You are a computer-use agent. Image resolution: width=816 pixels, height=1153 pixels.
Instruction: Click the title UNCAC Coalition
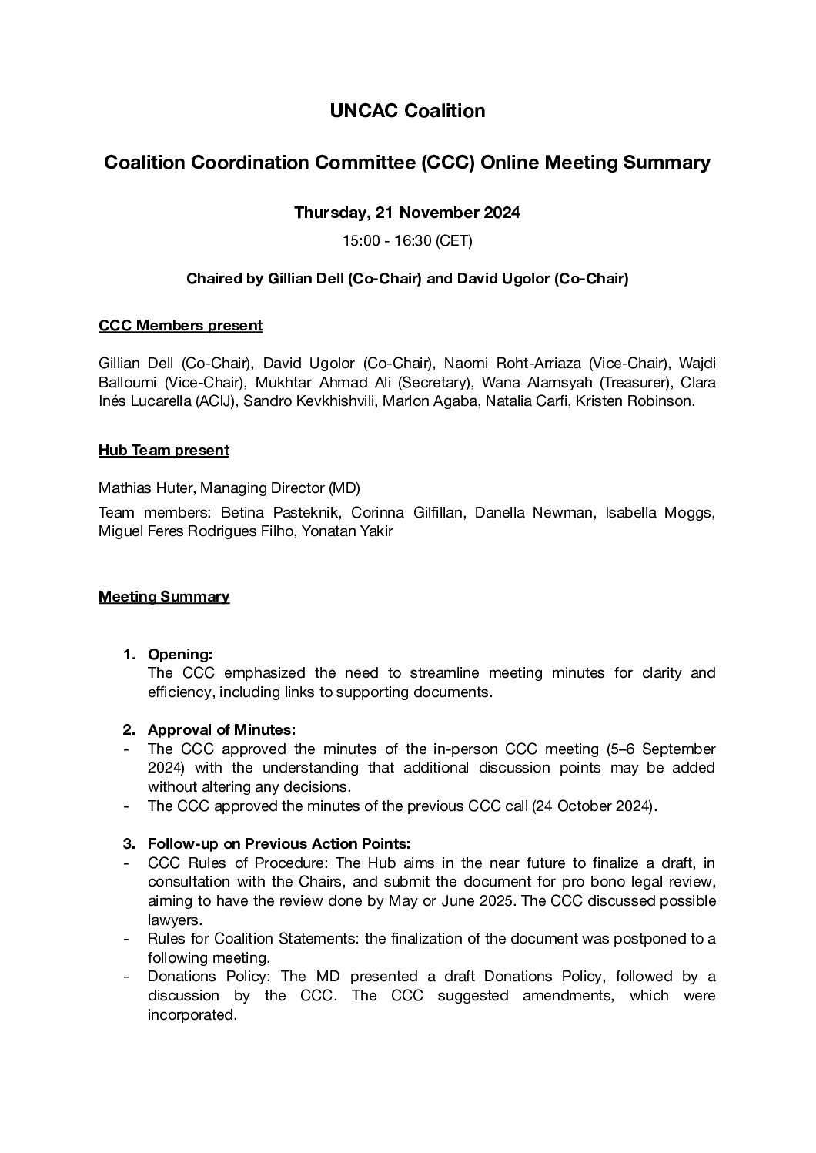coord(407,111)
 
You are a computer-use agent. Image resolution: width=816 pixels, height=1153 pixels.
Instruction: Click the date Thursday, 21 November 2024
coord(407,213)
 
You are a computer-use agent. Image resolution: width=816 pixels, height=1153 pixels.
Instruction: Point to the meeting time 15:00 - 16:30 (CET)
coord(407,241)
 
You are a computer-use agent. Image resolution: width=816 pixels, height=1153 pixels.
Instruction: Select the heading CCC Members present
coord(180,326)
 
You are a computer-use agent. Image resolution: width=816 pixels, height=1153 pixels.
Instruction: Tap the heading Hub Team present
coord(163,451)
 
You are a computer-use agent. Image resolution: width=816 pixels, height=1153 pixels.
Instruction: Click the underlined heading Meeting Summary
coord(163,597)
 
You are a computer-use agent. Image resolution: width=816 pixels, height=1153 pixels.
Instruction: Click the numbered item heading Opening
coord(179,655)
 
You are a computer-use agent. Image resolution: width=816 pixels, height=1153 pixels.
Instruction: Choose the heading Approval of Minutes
coord(221,730)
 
